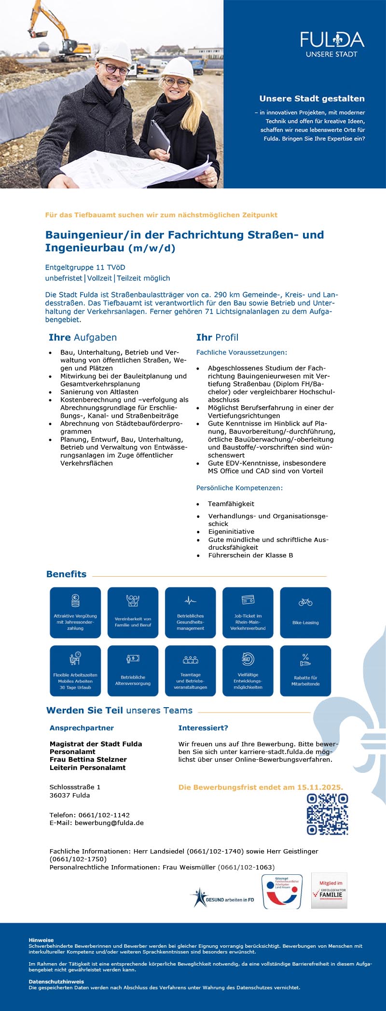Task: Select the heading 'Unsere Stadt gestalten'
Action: (312, 99)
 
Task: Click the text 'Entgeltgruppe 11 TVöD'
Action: (85, 267)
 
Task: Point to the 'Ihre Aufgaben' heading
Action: (83, 338)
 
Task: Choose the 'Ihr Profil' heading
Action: (217, 338)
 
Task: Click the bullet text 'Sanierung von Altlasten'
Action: (99, 392)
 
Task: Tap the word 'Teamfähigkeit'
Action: (231, 504)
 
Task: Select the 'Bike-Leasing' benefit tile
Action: (305, 612)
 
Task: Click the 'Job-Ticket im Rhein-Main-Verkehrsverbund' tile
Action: (248, 612)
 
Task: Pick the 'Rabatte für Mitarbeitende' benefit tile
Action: (305, 670)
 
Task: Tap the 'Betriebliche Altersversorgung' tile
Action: (133, 670)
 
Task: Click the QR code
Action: (328, 814)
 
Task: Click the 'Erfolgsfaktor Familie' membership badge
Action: (329, 890)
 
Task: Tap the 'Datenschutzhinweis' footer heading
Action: (56, 982)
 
